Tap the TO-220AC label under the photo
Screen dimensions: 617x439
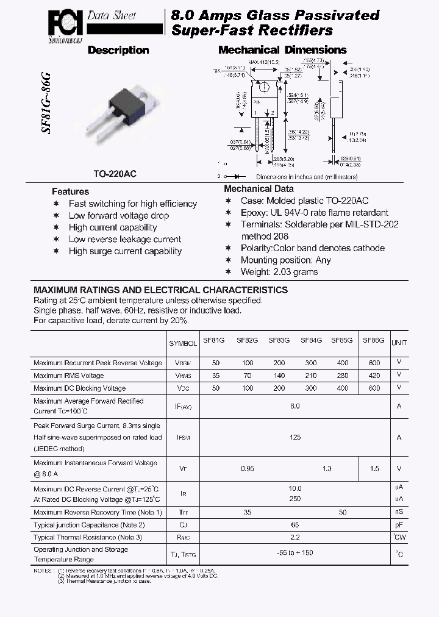tap(115, 174)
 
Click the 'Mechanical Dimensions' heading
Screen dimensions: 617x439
tap(282, 50)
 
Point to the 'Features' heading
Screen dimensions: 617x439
tap(70, 191)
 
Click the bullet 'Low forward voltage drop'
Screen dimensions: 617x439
tap(119, 215)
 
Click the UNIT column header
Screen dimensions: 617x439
tap(399, 343)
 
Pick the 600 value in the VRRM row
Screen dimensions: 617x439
tap(374, 363)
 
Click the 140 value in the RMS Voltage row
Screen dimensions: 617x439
tap(279, 376)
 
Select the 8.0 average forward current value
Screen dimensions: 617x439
tap(295, 406)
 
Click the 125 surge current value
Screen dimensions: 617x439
tap(295, 437)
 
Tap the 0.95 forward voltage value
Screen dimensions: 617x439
tap(248, 468)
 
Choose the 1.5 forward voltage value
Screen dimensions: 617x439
tap(374, 468)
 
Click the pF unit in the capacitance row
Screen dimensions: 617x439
tap(399, 524)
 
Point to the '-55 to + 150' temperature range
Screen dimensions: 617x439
tap(295, 553)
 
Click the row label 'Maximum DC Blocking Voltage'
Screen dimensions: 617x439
tap(80, 388)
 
